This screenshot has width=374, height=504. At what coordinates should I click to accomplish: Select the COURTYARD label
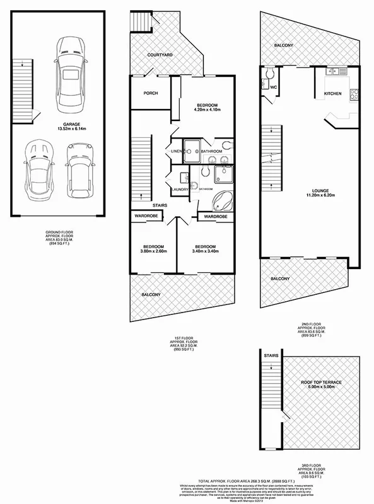161,55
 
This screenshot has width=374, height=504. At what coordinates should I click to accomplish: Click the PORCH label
151,93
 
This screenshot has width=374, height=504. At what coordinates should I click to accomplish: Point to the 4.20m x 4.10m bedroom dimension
207,110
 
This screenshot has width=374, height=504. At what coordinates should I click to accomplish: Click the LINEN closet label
176,151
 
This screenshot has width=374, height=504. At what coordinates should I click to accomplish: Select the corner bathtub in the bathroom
222,201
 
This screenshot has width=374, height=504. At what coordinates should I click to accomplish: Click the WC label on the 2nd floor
274,87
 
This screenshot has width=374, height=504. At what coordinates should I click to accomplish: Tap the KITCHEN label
332,93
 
